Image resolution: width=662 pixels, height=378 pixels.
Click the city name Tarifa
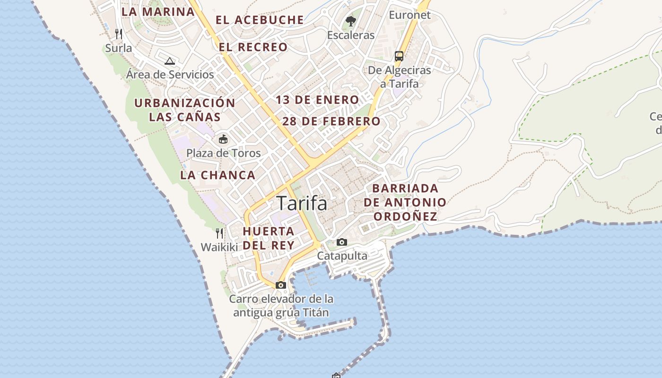pyautogui.click(x=302, y=203)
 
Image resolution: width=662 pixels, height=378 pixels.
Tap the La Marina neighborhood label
pyautogui.click(x=158, y=11)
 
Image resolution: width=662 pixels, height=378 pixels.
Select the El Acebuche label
pyautogui.click(x=260, y=20)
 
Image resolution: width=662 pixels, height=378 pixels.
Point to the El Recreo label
pyautogui.click(x=253, y=47)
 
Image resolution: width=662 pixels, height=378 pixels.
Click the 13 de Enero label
pyautogui.click(x=318, y=100)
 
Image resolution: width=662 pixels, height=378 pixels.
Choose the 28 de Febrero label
pyautogui.click(x=331, y=121)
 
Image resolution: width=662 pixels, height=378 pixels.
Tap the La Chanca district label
pyautogui.click(x=218, y=175)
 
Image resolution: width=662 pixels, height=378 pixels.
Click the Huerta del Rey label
pyautogui.click(x=269, y=238)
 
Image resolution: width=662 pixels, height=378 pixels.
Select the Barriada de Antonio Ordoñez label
pyautogui.click(x=405, y=202)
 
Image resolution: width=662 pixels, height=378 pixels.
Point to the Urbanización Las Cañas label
pyautogui.click(x=185, y=110)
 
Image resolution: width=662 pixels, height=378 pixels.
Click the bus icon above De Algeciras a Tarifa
pyautogui.click(x=399, y=56)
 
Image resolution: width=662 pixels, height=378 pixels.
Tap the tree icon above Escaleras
pyautogui.click(x=350, y=21)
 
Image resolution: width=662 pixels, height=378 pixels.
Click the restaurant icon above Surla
pyautogui.click(x=119, y=34)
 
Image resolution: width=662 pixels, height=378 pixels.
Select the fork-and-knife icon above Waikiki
pyautogui.click(x=219, y=233)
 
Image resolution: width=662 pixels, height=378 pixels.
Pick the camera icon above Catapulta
pyautogui.click(x=342, y=242)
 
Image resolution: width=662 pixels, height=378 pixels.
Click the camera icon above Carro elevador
pyautogui.click(x=281, y=285)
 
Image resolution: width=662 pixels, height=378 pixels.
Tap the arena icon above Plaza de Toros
pyautogui.click(x=223, y=139)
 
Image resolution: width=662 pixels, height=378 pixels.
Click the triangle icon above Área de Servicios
pyautogui.click(x=170, y=61)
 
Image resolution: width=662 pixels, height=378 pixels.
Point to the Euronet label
pyautogui.click(x=409, y=15)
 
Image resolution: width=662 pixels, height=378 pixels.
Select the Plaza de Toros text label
pyautogui.click(x=223, y=153)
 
